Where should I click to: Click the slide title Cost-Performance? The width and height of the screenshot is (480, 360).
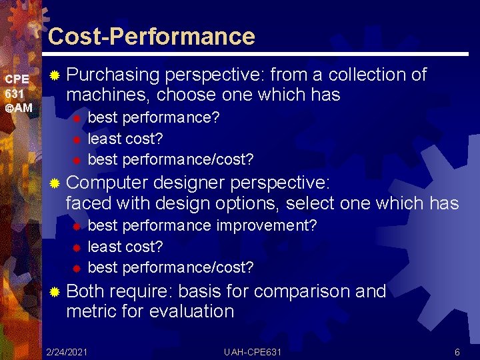(151, 36)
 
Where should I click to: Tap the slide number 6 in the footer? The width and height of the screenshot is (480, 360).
(457, 351)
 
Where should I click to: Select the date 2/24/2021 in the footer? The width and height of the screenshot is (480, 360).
(67, 351)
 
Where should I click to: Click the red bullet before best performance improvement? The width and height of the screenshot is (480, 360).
(77, 226)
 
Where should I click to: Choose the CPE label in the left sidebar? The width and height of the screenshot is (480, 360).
(17, 79)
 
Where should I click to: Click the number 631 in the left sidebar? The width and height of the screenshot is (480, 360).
(15, 93)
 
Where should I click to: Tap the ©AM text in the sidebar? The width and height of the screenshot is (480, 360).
(19, 108)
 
